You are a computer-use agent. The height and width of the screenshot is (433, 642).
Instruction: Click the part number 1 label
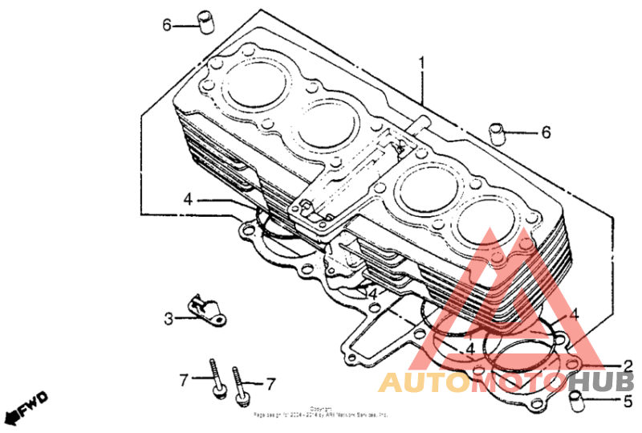(x=421, y=62)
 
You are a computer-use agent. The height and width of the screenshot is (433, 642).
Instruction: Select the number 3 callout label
(x=169, y=319)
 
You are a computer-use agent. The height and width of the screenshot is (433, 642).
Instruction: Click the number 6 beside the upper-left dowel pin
(x=167, y=25)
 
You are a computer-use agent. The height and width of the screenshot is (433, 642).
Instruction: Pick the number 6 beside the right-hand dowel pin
(x=546, y=133)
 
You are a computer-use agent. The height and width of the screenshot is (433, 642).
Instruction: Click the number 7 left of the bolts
(x=184, y=379)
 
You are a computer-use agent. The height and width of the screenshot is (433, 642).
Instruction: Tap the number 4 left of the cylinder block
(x=186, y=199)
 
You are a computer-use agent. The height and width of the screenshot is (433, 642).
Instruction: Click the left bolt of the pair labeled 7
(x=215, y=376)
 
